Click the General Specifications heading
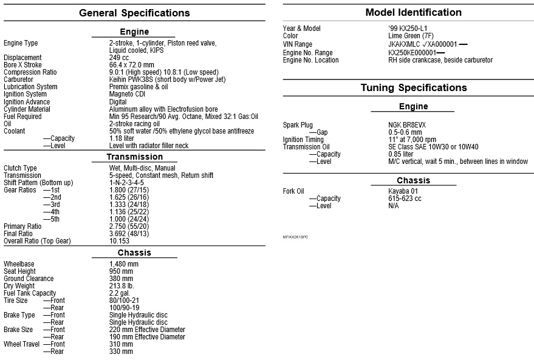134,13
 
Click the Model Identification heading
413,12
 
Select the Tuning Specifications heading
413,87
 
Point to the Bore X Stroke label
22,65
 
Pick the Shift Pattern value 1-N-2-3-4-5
126,183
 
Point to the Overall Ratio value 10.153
120,241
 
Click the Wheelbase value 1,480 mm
124,264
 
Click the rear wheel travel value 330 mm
121,352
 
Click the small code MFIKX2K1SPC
295,237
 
